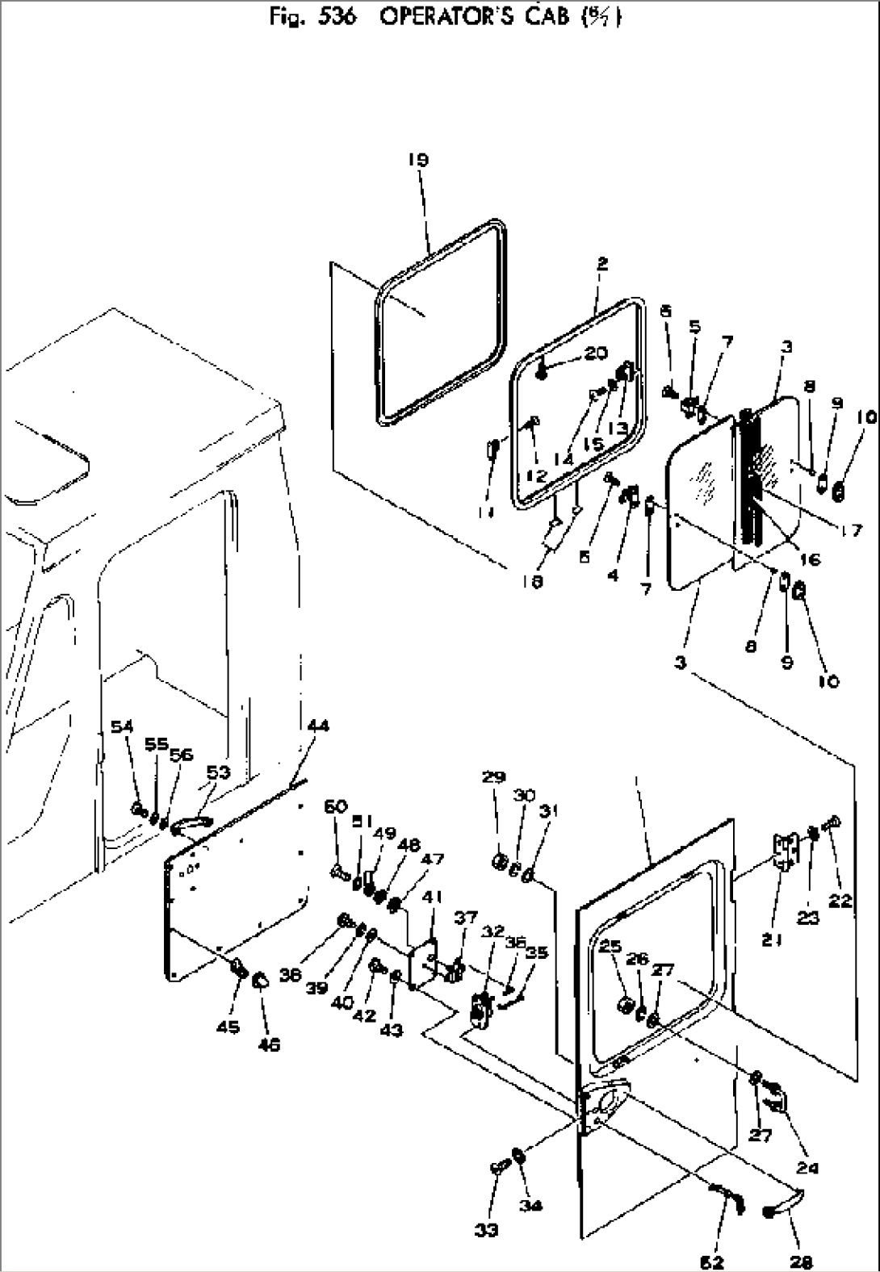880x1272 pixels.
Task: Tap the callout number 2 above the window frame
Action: point(603,263)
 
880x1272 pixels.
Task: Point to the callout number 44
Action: point(318,726)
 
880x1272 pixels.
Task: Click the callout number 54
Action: point(122,727)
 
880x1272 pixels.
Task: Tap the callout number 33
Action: point(487,1230)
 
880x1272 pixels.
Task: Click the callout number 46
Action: point(269,1044)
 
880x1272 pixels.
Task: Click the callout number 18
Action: point(531,581)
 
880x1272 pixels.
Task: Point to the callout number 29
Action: point(494,777)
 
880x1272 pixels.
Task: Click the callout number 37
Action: point(466,918)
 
